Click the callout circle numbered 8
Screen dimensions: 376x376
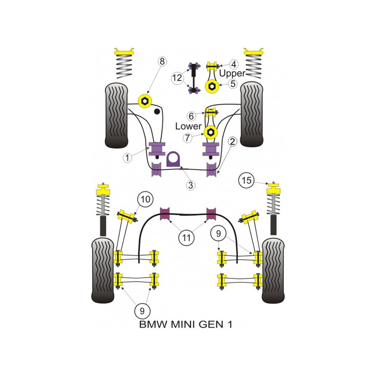[162, 62]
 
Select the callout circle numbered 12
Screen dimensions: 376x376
[177, 78]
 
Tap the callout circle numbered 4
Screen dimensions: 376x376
[233, 64]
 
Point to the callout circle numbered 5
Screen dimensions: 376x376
[233, 84]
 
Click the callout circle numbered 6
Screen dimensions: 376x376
[191, 116]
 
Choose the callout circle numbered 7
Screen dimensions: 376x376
[188, 138]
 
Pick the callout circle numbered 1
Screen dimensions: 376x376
[127, 157]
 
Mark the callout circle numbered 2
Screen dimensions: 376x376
[232, 142]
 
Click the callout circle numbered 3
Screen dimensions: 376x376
[191, 185]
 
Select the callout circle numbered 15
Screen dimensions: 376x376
[246, 180]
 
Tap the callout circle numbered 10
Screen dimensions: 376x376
[145, 199]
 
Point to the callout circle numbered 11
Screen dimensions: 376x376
[186, 238]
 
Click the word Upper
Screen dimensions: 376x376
[232, 73]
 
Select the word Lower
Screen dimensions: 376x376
[188, 126]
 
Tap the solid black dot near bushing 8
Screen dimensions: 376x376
[157, 111]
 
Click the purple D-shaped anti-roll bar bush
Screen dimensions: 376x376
[173, 159]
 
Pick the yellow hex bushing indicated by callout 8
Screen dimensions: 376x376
[145, 102]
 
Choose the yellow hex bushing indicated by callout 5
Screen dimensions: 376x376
[212, 86]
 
